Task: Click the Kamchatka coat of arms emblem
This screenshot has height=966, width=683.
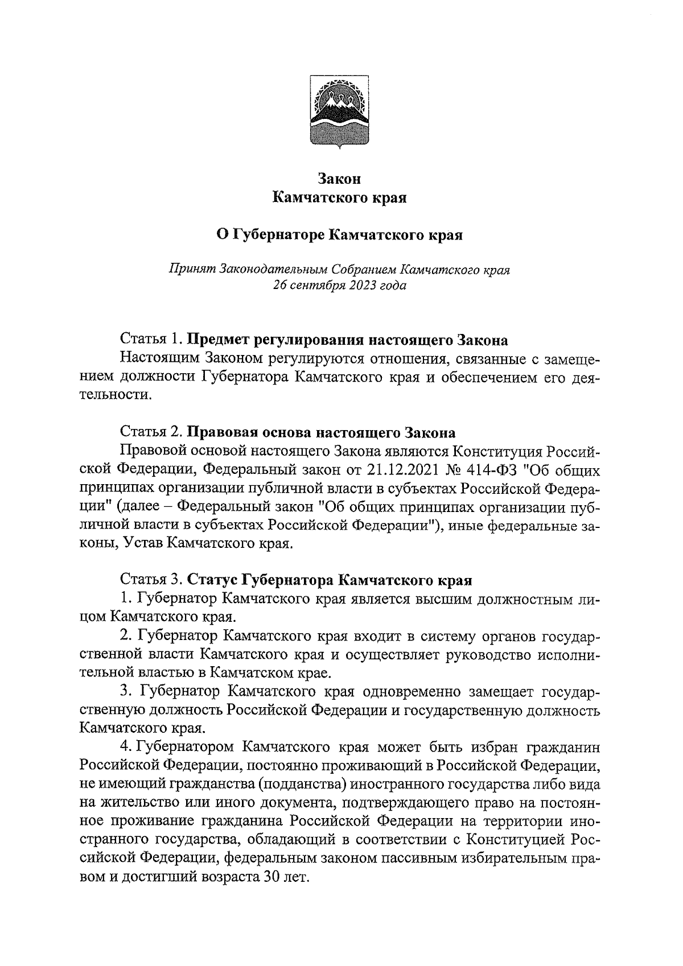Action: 340,112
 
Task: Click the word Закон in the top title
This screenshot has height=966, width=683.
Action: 340,179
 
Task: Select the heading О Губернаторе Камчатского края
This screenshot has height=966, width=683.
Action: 340,234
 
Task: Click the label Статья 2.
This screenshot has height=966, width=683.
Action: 151,432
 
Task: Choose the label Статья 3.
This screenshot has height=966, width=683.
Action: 151,581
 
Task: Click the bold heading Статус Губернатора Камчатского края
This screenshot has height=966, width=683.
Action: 330,581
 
